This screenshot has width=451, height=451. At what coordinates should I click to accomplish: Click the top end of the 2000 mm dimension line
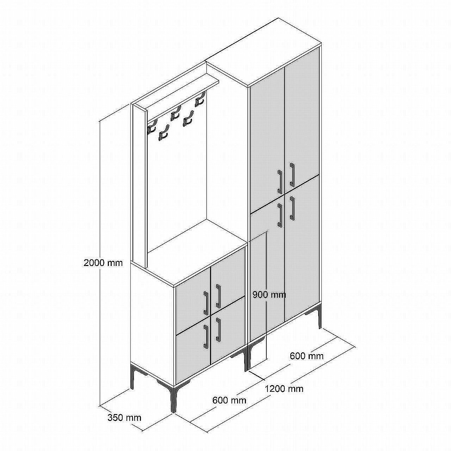100,121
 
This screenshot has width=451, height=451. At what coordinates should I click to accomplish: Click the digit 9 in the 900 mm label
255,295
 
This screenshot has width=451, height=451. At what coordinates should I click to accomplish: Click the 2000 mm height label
103,263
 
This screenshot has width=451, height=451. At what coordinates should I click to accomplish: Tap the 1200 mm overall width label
284,389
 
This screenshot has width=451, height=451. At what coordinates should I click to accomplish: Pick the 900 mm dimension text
270,295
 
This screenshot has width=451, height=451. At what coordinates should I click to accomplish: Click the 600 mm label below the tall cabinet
307,356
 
